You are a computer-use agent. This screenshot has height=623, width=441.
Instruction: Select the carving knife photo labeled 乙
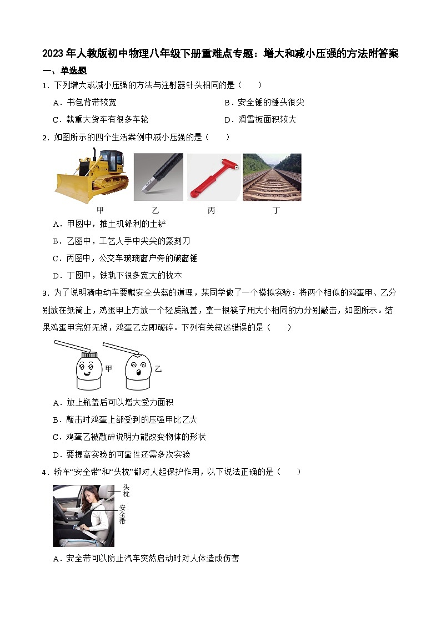[158, 177]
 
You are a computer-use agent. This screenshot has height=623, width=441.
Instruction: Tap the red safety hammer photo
[213, 177]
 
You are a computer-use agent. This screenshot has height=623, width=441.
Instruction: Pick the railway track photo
[272, 177]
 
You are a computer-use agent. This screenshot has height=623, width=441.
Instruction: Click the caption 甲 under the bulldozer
[100, 210]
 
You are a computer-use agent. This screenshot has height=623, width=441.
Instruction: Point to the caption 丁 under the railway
[276, 210]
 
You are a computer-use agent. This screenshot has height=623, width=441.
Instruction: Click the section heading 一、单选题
[64, 70]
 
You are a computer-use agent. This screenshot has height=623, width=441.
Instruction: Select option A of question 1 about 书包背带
[84, 102]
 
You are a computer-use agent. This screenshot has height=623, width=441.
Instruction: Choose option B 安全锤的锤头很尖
[264, 102]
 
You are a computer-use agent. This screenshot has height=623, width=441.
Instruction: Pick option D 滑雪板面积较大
[260, 119]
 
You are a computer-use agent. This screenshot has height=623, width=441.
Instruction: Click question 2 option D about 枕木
[117, 275]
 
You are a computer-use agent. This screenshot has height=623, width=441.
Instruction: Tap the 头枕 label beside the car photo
[126, 490]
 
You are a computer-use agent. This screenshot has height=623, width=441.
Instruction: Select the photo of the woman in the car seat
[83, 515]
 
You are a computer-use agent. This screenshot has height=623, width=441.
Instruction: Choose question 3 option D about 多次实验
[121, 454]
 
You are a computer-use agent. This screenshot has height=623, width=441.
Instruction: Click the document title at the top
[220, 54]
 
